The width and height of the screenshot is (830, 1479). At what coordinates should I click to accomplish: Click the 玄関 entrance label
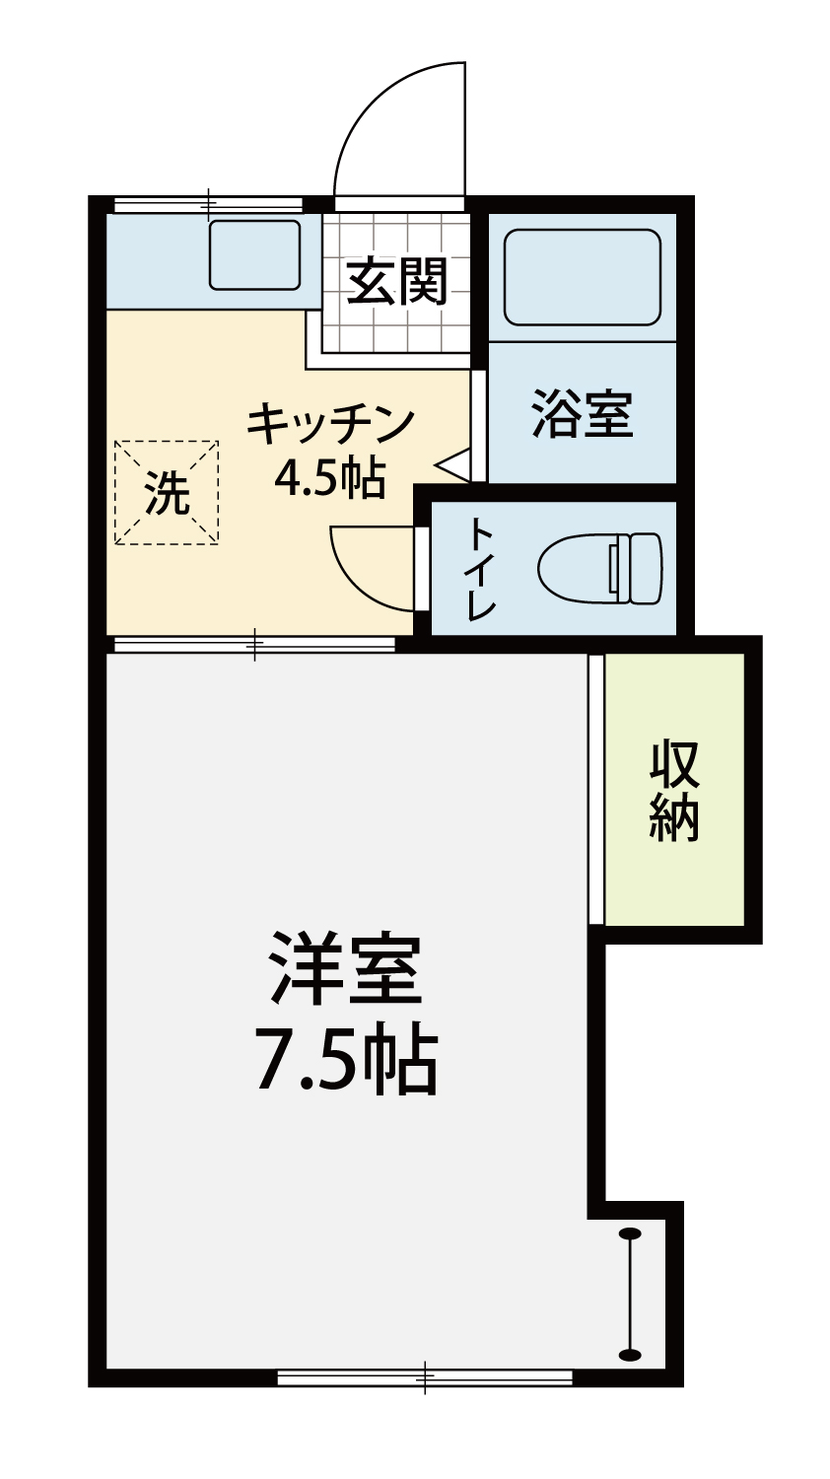397,281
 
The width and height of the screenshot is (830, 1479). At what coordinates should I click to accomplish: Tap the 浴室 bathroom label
583,414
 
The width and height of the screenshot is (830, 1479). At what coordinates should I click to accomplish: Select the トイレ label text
481,570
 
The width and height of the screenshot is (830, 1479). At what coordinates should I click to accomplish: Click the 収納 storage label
674,792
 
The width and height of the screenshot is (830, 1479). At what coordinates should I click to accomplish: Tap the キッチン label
330,424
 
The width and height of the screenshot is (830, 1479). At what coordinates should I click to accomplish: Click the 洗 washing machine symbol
167,493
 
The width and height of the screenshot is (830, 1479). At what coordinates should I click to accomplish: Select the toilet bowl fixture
599,569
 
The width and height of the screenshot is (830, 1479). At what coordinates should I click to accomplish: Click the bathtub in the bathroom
582,277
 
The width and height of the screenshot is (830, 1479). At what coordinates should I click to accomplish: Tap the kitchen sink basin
255,254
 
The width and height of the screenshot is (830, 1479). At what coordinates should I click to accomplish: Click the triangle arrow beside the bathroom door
453,460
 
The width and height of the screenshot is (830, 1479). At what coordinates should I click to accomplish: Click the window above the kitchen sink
209,204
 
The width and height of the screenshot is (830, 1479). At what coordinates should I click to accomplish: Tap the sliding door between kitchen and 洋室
255,644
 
